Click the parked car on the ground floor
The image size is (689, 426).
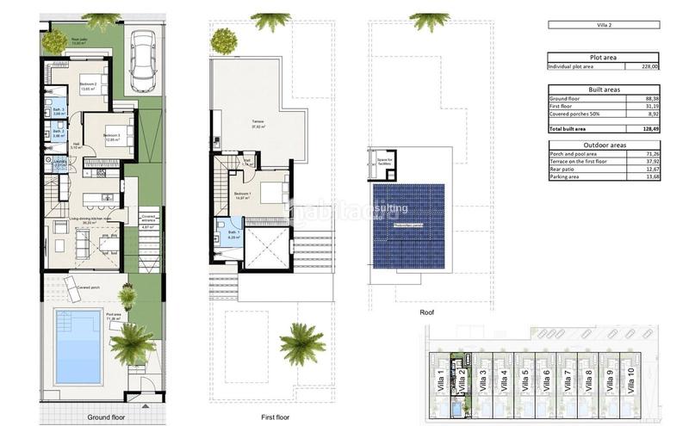(x=143, y=62)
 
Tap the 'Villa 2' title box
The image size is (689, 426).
(x=603, y=25)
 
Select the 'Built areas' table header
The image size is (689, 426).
(x=603, y=90)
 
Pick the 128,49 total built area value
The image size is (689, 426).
(x=646, y=128)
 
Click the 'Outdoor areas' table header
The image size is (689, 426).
(x=603, y=145)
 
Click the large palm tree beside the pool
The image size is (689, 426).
(x=132, y=343)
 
